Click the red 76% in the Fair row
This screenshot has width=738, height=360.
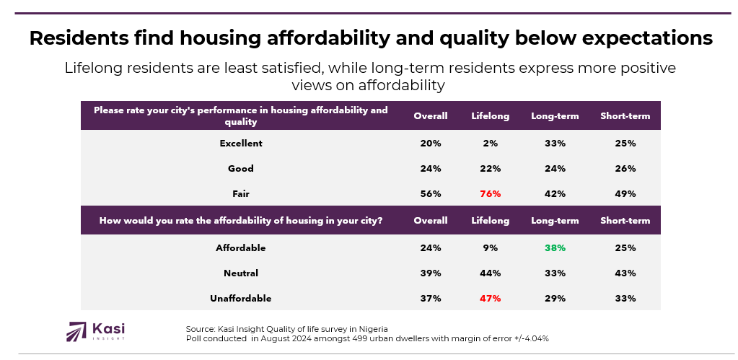(490, 193)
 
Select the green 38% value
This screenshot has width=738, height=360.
(555, 247)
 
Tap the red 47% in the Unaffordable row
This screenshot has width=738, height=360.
(490, 298)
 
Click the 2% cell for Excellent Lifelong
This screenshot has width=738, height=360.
(490, 143)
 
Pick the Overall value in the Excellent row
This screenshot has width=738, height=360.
(431, 143)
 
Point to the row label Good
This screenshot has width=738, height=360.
(241, 168)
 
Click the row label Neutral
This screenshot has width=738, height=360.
(241, 273)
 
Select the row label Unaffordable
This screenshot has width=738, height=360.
(241, 298)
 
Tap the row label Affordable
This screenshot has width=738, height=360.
(241, 247)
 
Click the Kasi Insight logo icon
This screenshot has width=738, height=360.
(76, 331)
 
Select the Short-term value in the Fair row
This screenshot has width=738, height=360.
(625, 193)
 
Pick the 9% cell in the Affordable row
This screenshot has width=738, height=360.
(490, 247)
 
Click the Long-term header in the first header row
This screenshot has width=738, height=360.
(555, 115)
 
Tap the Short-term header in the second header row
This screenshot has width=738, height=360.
(625, 220)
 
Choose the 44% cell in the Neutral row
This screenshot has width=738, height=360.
(490, 273)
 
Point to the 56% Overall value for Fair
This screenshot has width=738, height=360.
(431, 193)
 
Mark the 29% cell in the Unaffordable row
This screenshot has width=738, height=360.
(555, 298)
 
